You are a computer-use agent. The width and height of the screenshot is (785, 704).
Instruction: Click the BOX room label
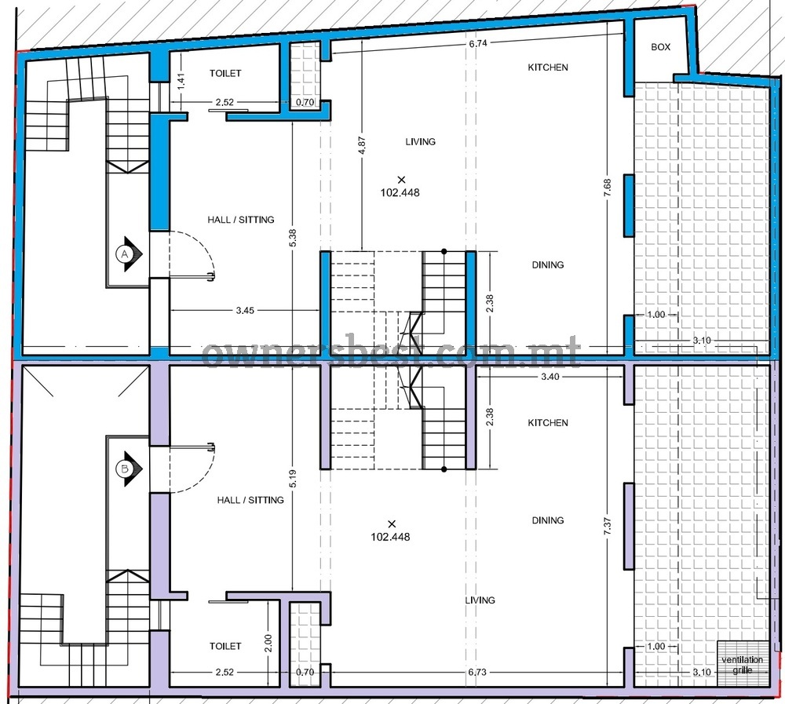(660, 46)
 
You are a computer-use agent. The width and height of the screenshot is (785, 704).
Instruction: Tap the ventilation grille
(743, 663)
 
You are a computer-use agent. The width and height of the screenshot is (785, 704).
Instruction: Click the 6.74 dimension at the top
(478, 43)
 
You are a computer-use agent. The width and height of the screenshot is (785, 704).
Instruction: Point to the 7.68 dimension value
(608, 189)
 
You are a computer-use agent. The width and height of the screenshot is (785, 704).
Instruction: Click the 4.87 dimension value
(362, 146)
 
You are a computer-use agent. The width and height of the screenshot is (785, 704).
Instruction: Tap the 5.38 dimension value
(293, 238)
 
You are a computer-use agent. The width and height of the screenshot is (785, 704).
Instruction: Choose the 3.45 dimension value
(245, 311)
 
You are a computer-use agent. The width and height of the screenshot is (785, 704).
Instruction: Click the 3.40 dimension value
(550, 377)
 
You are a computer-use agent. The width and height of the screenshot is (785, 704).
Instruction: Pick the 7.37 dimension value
(608, 527)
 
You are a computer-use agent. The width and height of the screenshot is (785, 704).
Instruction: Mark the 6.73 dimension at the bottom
(477, 672)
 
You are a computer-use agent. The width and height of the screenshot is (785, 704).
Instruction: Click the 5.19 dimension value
(293, 479)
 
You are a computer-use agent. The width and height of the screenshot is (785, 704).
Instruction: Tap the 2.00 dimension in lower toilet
(268, 643)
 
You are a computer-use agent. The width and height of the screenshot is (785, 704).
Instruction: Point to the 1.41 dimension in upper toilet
(181, 81)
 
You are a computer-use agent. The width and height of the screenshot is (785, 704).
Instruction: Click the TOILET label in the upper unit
(225, 73)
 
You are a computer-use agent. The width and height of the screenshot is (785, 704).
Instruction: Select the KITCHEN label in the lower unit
(548, 422)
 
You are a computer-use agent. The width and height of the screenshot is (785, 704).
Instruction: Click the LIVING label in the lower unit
(480, 600)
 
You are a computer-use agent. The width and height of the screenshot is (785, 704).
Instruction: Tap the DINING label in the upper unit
(548, 264)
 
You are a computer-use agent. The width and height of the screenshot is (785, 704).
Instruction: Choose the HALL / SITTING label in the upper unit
(241, 219)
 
